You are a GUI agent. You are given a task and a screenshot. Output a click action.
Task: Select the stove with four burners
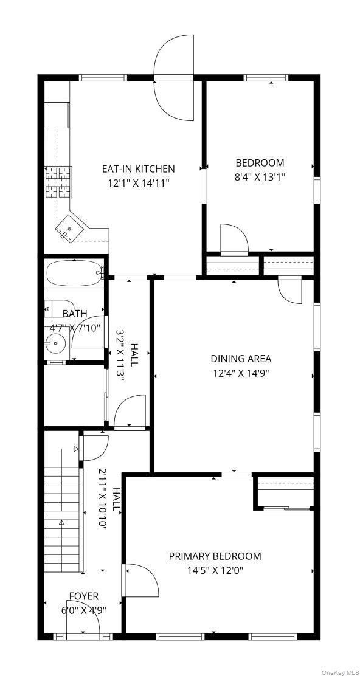point(58,183)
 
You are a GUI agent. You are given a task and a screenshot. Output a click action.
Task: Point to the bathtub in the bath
point(73,274)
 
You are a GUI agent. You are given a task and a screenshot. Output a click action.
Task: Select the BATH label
point(75,314)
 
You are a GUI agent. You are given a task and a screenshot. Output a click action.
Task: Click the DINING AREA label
point(241,359)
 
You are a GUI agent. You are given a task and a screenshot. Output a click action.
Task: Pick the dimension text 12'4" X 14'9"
point(241,373)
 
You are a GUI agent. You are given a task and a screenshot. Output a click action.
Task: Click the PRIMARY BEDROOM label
point(215,556)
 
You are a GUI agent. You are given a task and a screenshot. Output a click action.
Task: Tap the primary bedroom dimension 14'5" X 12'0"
point(215,570)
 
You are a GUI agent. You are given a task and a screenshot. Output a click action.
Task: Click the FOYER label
point(83,596)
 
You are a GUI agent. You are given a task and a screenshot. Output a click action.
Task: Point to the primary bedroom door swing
point(140,580)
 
